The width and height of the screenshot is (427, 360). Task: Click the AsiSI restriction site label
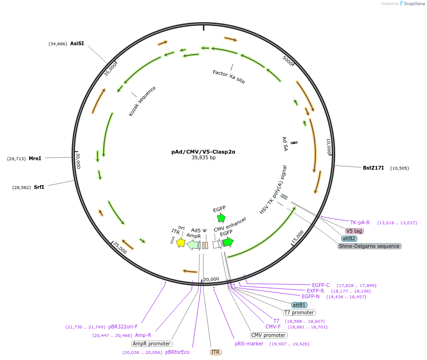point(77,43)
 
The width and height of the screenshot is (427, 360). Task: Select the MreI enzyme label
point(35,158)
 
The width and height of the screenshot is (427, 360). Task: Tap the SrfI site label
point(39,187)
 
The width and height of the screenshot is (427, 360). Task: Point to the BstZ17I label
point(373,168)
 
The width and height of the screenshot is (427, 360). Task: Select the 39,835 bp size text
point(203,158)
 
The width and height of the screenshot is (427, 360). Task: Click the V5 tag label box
point(354,231)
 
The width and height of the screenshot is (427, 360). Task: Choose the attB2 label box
point(349,238)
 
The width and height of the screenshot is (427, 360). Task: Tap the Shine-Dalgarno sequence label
point(370,246)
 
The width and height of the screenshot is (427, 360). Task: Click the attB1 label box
point(299,305)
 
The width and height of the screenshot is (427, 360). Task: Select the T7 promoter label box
point(299,312)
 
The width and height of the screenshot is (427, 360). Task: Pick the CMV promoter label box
point(268,335)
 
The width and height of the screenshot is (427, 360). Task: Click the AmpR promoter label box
point(152,344)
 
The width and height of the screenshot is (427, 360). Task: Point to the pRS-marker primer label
point(249,344)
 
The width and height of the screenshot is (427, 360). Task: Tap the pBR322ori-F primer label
point(123,327)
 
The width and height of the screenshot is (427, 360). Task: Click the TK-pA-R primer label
point(360,222)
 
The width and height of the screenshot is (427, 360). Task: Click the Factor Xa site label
point(229,77)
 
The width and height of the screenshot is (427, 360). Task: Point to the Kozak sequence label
point(142,101)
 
